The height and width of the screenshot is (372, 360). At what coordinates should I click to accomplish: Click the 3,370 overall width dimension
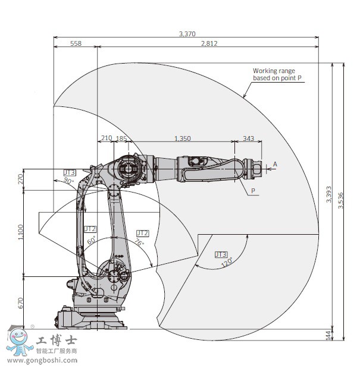tap(187, 34)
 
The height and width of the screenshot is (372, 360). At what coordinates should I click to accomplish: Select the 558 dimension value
tap(76, 43)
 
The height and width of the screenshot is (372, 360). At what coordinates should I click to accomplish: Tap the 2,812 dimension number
tap(209, 43)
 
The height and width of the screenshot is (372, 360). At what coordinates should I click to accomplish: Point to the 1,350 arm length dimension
tap(183, 138)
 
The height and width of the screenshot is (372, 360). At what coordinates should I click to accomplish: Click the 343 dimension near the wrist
tap(248, 138)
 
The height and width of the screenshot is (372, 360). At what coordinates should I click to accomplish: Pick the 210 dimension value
tap(107, 138)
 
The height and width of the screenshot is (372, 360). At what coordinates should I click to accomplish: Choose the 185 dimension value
tap(121, 138)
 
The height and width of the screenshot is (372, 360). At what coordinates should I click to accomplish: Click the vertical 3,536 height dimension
tap(341, 200)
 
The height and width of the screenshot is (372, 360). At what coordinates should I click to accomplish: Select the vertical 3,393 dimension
tap(328, 194)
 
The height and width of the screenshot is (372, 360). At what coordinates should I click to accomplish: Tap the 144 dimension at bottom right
tap(328, 336)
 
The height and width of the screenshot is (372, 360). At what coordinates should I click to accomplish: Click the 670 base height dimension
tap(21, 303)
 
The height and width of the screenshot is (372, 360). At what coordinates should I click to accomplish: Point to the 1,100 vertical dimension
tap(21, 232)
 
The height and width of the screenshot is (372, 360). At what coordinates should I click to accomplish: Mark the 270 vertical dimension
tap(21, 179)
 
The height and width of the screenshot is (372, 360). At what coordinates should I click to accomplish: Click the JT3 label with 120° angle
tap(221, 254)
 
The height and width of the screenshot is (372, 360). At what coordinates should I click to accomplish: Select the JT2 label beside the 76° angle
tap(143, 233)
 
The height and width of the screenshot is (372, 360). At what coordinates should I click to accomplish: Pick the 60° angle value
tap(91, 240)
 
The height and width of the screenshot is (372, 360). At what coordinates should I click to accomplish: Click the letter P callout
tap(253, 191)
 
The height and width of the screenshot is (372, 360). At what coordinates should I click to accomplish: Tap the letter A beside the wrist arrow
tap(275, 164)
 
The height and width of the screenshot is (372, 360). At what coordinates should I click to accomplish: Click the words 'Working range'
tap(274, 71)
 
